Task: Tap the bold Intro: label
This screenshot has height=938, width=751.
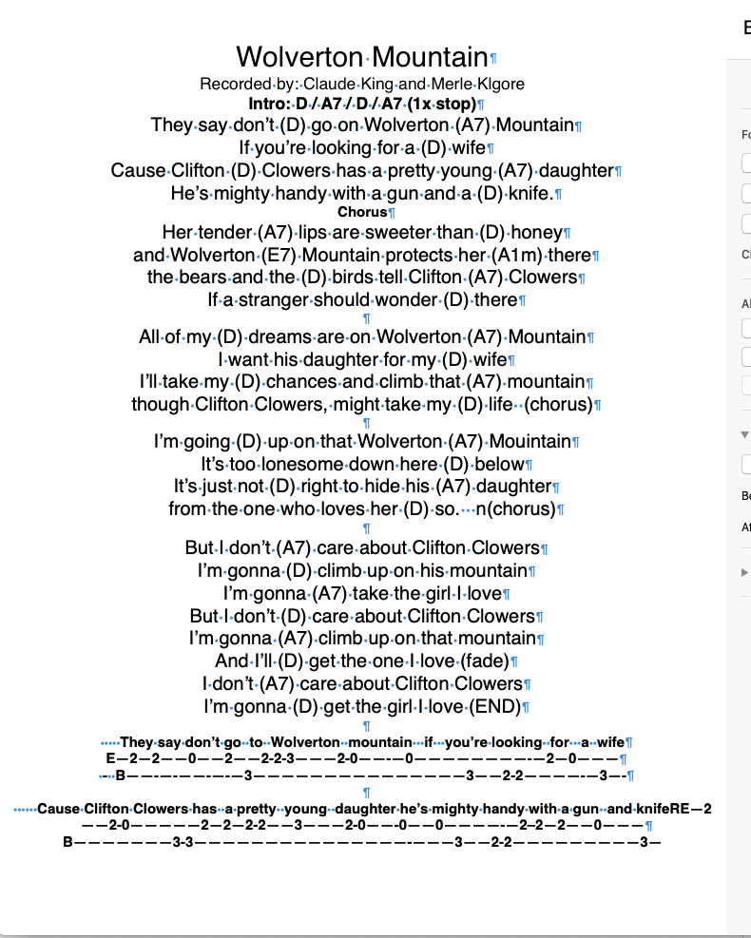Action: click(x=270, y=104)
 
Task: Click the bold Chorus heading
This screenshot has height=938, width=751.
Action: click(x=362, y=212)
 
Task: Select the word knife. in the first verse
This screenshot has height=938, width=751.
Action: click(x=530, y=193)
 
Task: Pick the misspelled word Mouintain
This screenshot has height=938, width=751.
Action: click(x=530, y=441)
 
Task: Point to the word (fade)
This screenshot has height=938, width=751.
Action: click(x=484, y=660)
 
